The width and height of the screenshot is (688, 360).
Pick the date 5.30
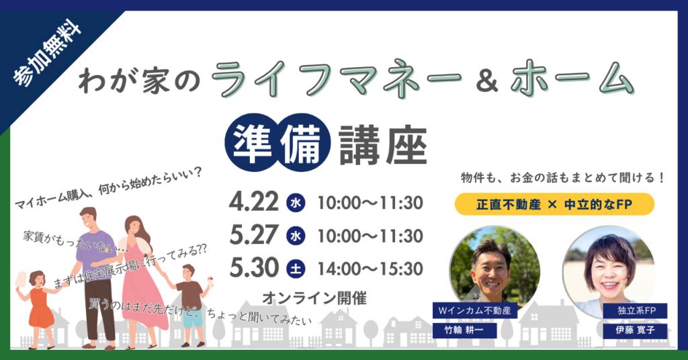point(253,268)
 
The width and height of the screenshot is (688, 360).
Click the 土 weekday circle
point(295,269)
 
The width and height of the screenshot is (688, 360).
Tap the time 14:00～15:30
point(370,269)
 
